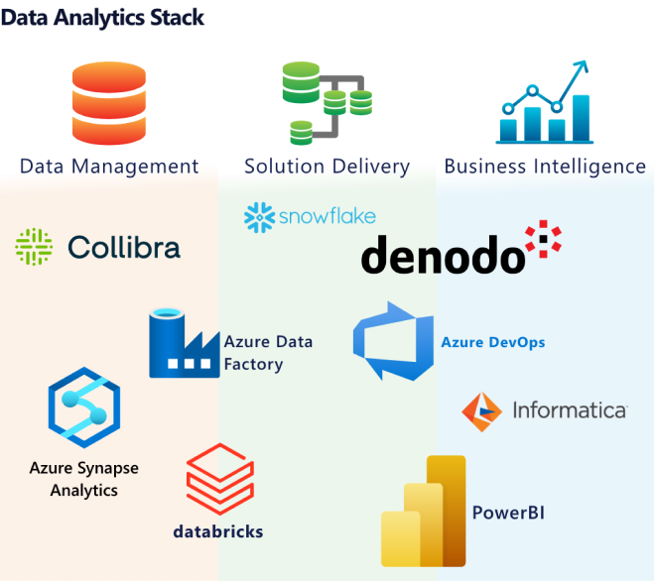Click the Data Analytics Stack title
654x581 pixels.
103,17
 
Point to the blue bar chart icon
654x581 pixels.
544,103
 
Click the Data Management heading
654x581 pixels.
109,167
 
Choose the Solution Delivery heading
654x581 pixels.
327,167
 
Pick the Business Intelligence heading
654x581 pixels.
545,167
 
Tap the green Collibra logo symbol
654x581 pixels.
34,246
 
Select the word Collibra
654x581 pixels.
124,246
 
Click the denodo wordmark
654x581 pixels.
442,255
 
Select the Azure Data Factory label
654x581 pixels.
267,353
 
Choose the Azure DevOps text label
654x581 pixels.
492,343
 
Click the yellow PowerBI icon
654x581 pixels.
424,512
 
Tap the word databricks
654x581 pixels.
217,531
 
